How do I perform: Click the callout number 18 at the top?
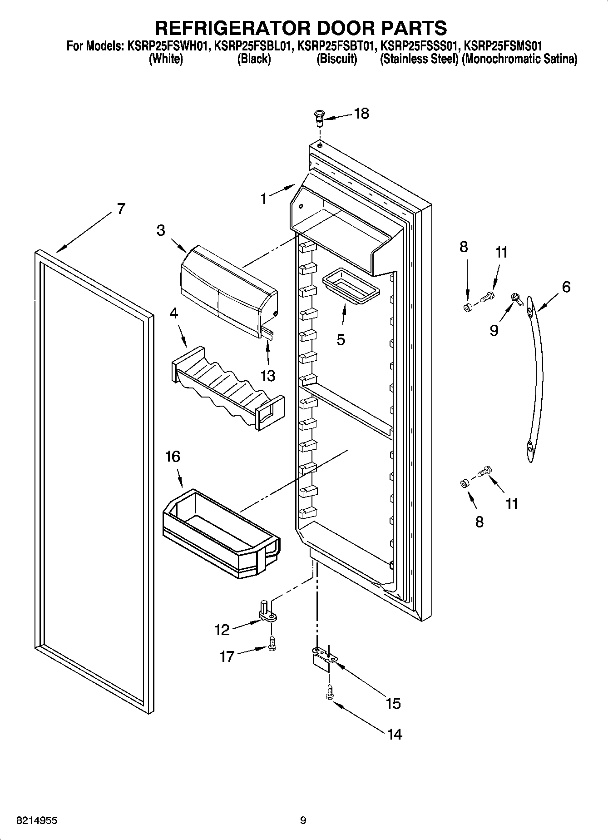(361, 114)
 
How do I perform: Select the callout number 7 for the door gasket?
(120, 209)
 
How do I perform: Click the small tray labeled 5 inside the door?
(347, 291)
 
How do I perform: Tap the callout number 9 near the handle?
(494, 330)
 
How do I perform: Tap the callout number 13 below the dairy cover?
(268, 375)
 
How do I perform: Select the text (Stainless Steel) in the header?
(419, 59)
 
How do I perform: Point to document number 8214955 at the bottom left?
(37, 820)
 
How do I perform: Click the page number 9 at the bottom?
(303, 820)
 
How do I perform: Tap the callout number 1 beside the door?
(264, 199)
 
